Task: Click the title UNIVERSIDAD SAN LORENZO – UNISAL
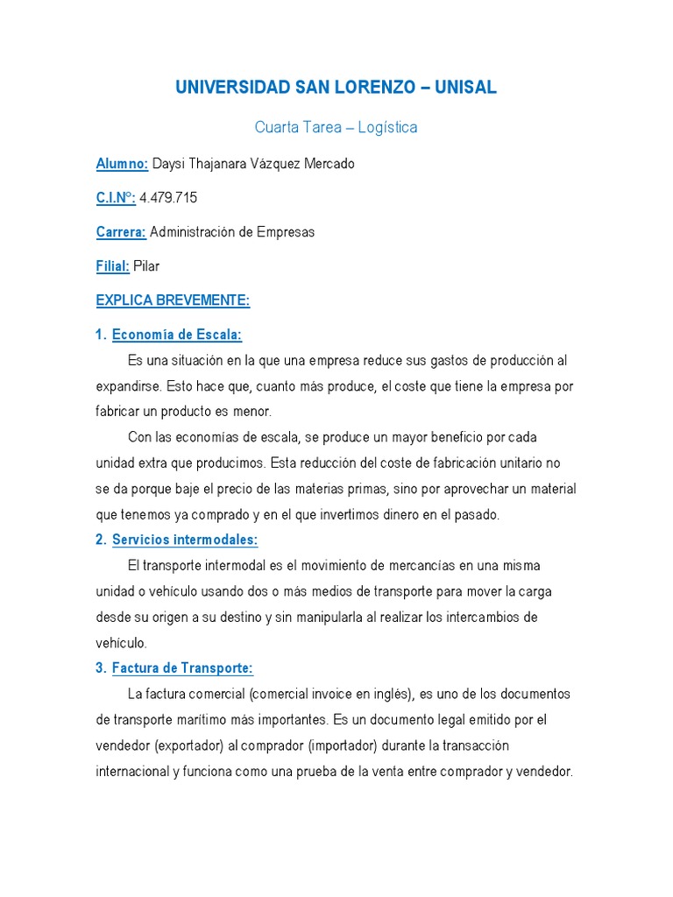pyautogui.click(x=336, y=88)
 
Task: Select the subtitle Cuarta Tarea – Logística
pyautogui.click(x=336, y=128)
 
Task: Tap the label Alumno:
pyautogui.click(x=122, y=164)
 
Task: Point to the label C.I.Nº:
pyautogui.click(x=116, y=198)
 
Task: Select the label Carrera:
pyautogui.click(x=121, y=232)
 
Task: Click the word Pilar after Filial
pyautogui.click(x=146, y=266)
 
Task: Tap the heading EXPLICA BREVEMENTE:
pyautogui.click(x=173, y=300)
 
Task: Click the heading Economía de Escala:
pyautogui.click(x=177, y=335)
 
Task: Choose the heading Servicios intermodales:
pyautogui.click(x=185, y=540)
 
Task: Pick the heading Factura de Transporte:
pyautogui.click(x=182, y=668)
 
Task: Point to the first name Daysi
pyautogui.click(x=169, y=164)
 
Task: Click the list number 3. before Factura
pyautogui.click(x=101, y=668)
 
